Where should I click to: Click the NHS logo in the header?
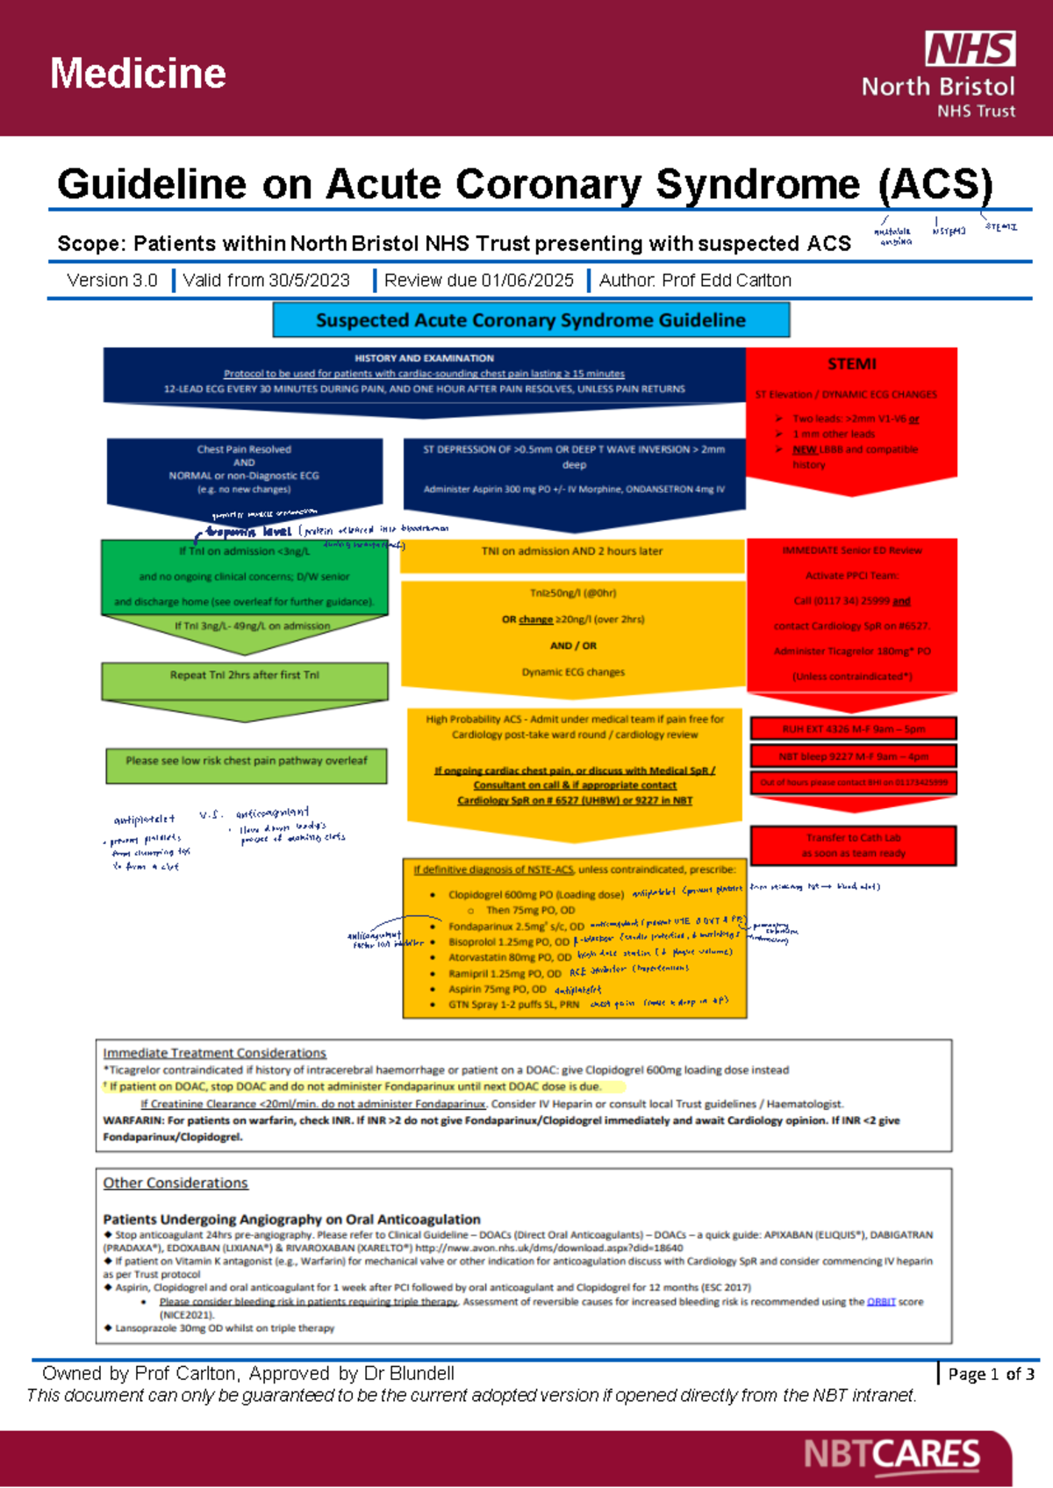(x=970, y=49)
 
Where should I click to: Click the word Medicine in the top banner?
(x=138, y=74)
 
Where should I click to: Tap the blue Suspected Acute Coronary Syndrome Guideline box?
(x=531, y=320)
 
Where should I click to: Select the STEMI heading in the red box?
(x=851, y=364)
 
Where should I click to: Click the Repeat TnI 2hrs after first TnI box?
(x=245, y=676)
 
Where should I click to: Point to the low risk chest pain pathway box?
(x=246, y=762)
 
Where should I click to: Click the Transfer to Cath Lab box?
(x=853, y=845)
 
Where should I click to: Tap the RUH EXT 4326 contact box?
(x=853, y=729)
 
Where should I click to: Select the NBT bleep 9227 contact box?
(x=853, y=756)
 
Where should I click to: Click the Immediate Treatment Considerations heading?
(x=214, y=1053)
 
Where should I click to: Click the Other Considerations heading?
(x=175, y=1183)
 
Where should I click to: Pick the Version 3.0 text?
(x=111, y=281)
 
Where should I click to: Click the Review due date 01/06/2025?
(x=479, y=281)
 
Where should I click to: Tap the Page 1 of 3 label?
(x=991, y=1374)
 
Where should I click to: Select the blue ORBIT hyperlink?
(x=881, y=1302)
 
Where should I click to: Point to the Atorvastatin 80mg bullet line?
(x=509, y=957)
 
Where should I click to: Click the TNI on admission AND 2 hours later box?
(x=572, y=552)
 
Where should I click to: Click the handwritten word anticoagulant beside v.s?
(x=272, y=813)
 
